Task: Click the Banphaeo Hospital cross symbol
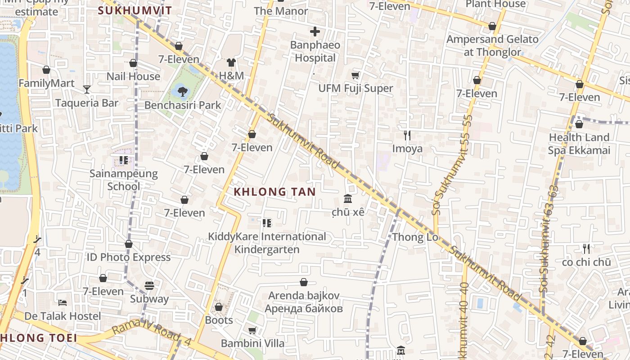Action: (x=315, y=31)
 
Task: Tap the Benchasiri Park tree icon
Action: (x=182, y=92)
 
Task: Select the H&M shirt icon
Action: (x=231, y=63)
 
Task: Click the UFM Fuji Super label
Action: (x=355, y=88)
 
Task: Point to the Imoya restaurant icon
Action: (x=407, y=135)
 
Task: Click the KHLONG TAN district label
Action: (x=274, y=192)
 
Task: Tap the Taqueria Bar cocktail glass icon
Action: (x=87, y=90)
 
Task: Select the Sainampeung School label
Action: (x=124, y=180)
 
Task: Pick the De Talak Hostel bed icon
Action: (x=63, y=302)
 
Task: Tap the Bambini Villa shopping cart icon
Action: (x=252, y=330)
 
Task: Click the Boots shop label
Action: (x=219, y=320)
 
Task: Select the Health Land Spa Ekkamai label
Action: (x=579, y=144)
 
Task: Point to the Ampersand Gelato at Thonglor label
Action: (x=492, y=45)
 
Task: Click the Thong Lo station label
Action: (x=414, y=237)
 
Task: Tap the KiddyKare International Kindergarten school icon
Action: (x=267, y=223)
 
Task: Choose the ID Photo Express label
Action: (x=128, y=257)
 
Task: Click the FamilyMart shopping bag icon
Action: (x=46, y=70)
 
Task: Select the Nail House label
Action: (x=133, y=76)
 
